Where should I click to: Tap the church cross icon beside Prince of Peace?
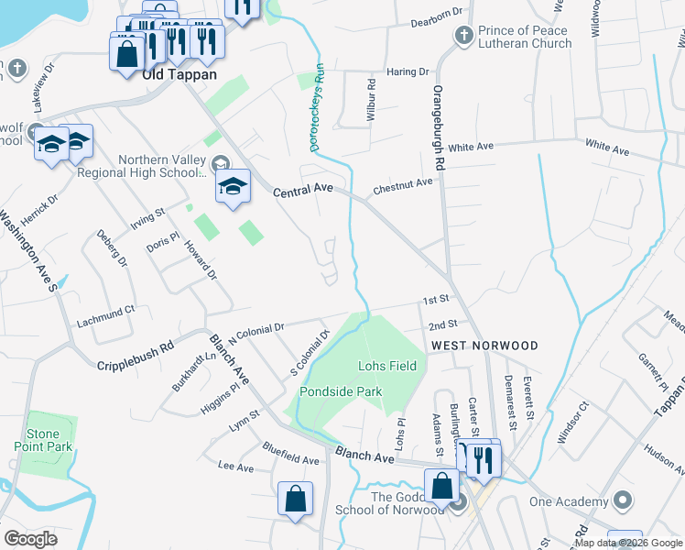463,37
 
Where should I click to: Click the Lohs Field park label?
386,366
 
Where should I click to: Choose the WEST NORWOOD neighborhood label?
484,346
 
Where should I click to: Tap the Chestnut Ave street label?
402,186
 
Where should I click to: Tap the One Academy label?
570,501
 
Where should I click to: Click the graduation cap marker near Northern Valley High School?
234,186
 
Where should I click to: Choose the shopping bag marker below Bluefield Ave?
296,500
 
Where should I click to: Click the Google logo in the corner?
31,539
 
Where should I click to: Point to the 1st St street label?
435,300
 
